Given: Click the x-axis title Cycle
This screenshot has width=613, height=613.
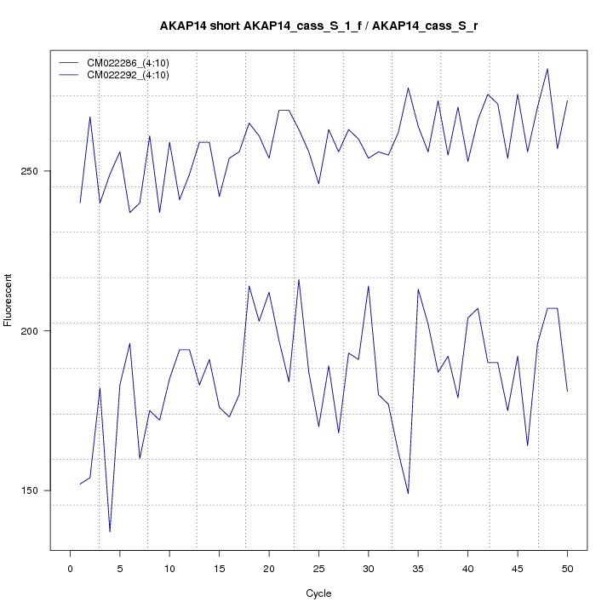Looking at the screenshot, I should (318, 593).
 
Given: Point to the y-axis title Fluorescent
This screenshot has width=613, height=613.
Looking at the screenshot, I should (9, 300).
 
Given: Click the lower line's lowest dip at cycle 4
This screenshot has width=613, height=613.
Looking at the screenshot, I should (110, 532).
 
